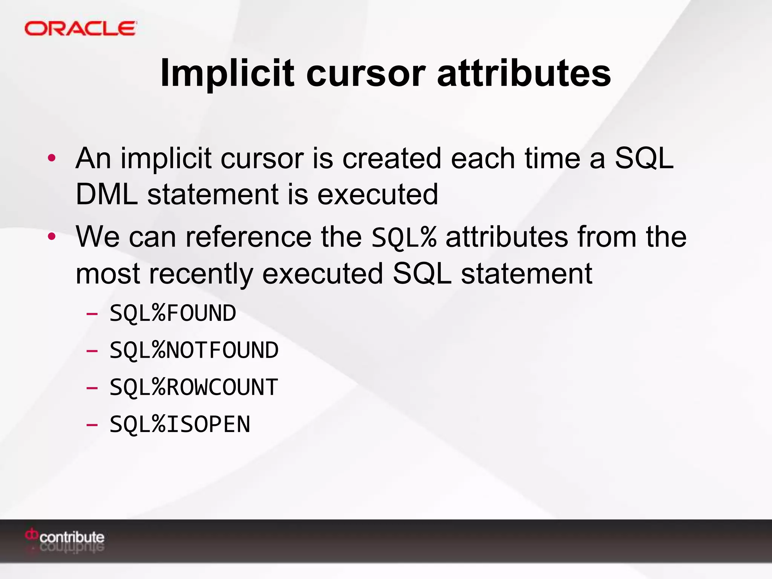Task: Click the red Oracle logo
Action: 80,29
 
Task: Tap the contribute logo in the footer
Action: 65,537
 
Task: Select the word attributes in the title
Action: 524,74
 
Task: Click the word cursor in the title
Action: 366,74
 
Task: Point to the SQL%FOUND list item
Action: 173,313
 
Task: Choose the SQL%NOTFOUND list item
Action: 194,350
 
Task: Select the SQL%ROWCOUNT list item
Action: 194,387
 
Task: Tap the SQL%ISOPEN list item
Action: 180,424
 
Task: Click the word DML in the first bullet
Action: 107,195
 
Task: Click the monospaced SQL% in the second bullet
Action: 404,238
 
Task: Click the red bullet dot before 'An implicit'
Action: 52,158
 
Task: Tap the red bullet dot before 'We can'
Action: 52,237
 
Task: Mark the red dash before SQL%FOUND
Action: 92,314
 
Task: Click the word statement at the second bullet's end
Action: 526,274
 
